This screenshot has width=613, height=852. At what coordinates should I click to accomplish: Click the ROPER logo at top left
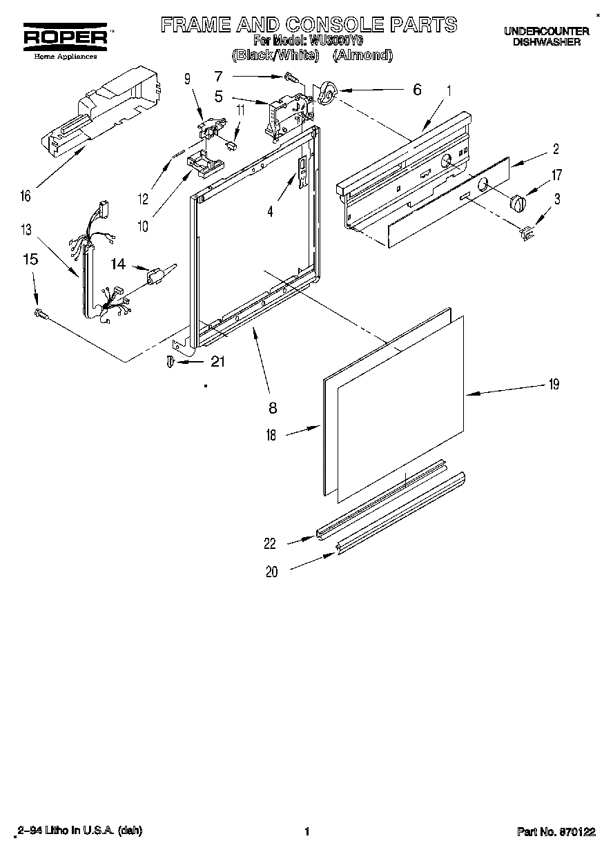(x=66, y=37)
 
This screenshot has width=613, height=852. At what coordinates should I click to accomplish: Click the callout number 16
(x=26, y=197)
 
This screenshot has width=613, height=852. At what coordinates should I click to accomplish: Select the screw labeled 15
(x=40, y=314)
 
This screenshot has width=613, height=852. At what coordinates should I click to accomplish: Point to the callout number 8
(x=273, y=408)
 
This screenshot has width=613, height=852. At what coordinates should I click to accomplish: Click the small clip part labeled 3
(x=527, y=234)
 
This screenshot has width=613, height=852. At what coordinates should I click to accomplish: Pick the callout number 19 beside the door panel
(x=554, y=385)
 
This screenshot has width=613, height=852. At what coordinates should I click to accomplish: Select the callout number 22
(x=270, y=544)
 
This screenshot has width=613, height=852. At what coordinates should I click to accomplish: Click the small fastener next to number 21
(x=171, y=362)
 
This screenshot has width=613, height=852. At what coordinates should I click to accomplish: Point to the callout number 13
(x=26, y=229)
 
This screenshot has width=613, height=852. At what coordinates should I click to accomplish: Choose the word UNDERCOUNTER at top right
(x=546, y=31)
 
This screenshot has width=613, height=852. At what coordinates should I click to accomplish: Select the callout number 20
(x=272, y=572)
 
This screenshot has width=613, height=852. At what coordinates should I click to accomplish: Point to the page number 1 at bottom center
(x=306, y=832)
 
